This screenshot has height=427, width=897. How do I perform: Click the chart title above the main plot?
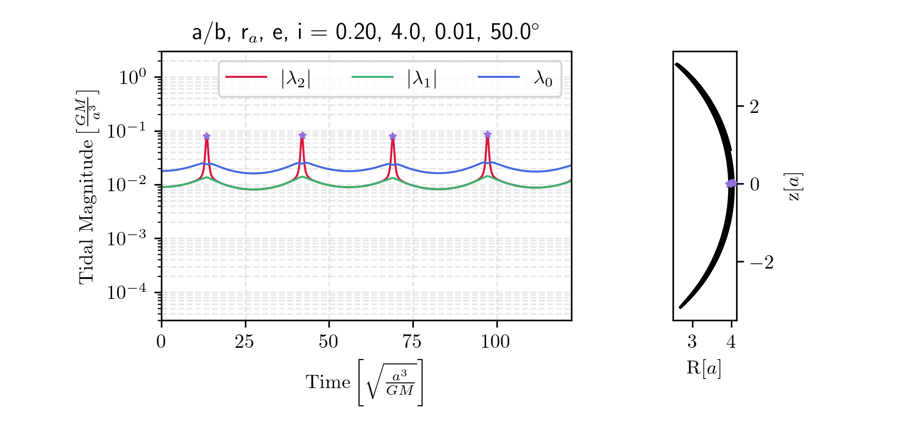click(365, 33)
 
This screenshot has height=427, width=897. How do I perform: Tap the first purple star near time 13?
click(206, 137)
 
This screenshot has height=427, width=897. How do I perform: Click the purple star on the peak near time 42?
click(302, 135)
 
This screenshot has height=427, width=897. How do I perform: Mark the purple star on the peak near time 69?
click(392, 137)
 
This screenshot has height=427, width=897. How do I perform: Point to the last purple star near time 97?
click(487, 134)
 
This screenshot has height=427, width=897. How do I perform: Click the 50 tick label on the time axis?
click(328, 342)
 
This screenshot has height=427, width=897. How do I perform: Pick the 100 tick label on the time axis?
click(495, 342)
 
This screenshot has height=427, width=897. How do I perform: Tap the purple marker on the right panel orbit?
click(731, 184)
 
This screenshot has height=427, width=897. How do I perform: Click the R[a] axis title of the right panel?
click(704, 368)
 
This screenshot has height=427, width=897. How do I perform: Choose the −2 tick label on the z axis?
click(761, 262)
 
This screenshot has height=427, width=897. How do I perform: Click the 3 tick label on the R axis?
click(692, 342)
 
